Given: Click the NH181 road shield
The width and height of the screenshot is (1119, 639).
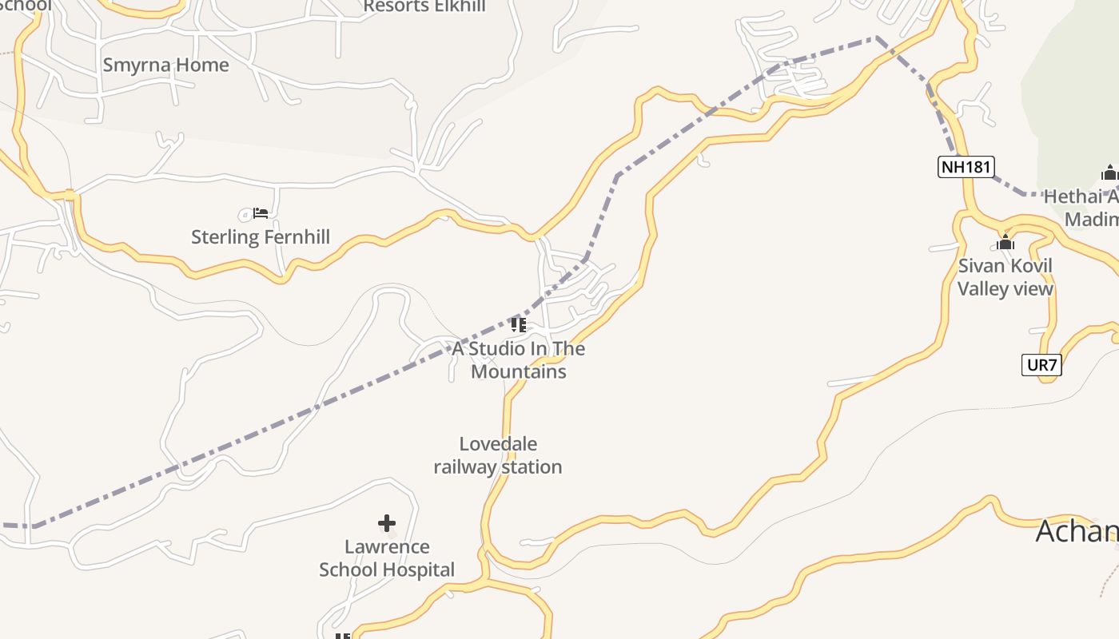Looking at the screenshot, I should click(966, 167).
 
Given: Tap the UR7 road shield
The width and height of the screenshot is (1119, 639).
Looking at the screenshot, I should click(1042, 366).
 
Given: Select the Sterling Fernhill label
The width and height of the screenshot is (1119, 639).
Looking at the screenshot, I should click(261, 237).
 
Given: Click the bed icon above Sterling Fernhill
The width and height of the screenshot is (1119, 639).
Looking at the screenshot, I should click(260, 213).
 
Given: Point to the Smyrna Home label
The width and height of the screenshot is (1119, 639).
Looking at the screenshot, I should click(166, 65).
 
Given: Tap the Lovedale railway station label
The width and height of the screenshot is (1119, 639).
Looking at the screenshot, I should click(498, 455).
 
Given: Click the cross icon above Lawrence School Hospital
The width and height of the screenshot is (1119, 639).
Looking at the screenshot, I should click(387, 523).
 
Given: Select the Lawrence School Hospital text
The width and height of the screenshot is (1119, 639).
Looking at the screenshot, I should click(387, 558).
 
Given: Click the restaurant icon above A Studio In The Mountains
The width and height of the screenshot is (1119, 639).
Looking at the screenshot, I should click(519, 324).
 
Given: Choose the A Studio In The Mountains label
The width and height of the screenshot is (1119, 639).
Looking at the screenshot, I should click(519, 360).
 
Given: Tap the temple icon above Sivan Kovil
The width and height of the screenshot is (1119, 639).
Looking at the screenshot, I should click(1006, 243).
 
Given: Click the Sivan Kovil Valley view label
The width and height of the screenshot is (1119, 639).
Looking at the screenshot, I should click(1006, 277).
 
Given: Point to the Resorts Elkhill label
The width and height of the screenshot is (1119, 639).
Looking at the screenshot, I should click(424, 7).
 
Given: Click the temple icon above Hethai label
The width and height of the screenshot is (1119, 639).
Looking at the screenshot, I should click(1109, 173).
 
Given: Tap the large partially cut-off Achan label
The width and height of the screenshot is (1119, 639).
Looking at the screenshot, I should click(1077, 531).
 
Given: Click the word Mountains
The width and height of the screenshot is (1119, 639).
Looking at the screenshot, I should click(519, 372).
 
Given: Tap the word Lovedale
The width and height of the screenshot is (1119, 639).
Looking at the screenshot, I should click(498, 444).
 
